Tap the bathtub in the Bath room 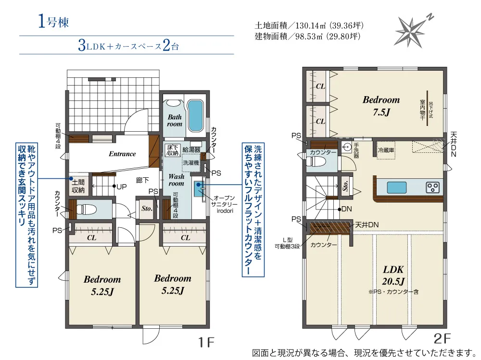pyautogui.click(x=195, y=115)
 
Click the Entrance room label pyautogui.click(x=122, y=154)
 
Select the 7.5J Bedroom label pyautogui.click(x=381, y=106)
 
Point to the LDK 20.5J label pyautogui.click(x=393, y=275)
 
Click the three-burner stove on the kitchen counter pyautogui.click(x=432, y=187)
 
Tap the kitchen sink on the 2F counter pyautogui.click(x=397, y=187)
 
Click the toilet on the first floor pyautogui.click(x=86, y=210)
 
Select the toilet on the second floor pyautogui.click(x=316, y=161)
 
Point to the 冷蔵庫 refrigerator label pyautogui.click(x=386, y=150)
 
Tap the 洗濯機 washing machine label pyautogui.click(x=191, y=162)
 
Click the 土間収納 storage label pyautogui.click(x=78, y=186)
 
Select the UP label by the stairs pyautogui.click(x=122, y=186)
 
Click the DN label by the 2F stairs pyautogui.click(x=346, y=209)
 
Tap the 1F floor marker pyautogui.click(x=206, y=342)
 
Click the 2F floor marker pyautogui.click(x=442, y=338)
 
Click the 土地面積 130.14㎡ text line pyautogui.click(x=309, y=25)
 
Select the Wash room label pyautogui.click(x=176, y=180)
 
